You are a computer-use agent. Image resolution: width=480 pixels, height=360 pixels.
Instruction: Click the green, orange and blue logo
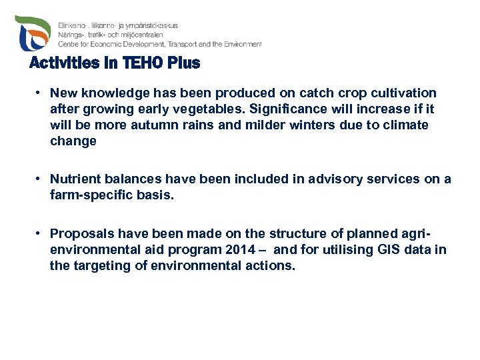(x=33, y=33)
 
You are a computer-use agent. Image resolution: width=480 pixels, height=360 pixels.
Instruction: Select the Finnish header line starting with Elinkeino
(x=118, y=25)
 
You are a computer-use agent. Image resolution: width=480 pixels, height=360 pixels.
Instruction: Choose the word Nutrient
(x=74, y=179)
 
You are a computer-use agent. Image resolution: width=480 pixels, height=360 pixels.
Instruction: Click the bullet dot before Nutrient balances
(x=41, y=179)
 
